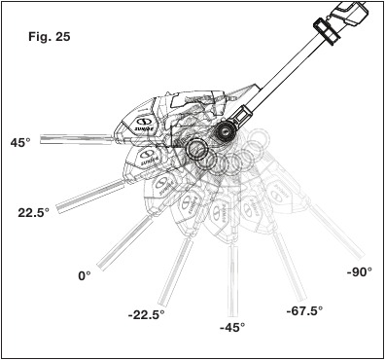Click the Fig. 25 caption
tap(49, 37)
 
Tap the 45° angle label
tap(20, 142)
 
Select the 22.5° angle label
tap(33, 213)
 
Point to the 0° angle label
tap(85, 276)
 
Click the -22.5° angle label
tap(146, 314)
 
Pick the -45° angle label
tap(232, 327)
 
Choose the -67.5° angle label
tap(304, 311)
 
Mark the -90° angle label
tap(360, 271)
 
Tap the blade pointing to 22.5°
tap(90, 197)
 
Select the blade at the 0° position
tap(124, 243)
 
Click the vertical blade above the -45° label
tap(232, 281)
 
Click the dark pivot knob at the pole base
tap(224, 132)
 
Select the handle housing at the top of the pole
tap(349, 12)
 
